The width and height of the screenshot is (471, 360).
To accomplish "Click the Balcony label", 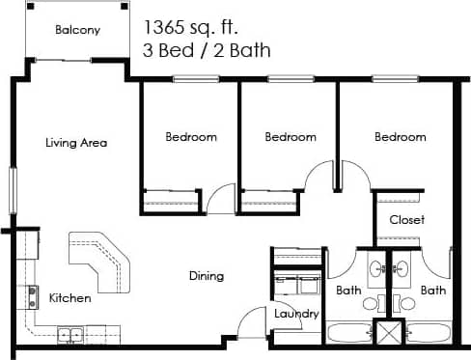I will pos(77,30).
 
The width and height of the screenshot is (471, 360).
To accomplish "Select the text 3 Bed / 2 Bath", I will pos(207,49).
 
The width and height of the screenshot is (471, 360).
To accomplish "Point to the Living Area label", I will pos(76,143).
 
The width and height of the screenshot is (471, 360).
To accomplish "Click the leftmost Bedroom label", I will pos(190,137).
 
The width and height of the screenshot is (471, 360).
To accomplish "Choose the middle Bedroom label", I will pos(291,137).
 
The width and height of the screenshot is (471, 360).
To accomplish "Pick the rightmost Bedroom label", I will pos(401,137).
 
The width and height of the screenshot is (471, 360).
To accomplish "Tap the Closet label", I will pos(406,220).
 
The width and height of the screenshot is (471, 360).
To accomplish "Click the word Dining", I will pos(206,276).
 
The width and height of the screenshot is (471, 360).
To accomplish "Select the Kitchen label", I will pos(70,298).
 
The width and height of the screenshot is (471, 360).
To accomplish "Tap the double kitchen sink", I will pos(69,335).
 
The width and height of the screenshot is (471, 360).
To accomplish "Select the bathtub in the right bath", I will pos(426,335).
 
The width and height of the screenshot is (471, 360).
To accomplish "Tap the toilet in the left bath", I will pos(370,302).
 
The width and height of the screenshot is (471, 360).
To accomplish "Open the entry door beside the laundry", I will pos(253,321).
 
